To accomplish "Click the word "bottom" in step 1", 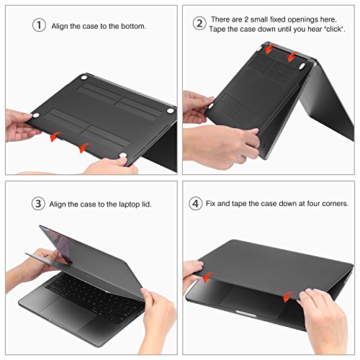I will tap(133, 26).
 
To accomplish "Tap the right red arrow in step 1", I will tap(84, 147).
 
